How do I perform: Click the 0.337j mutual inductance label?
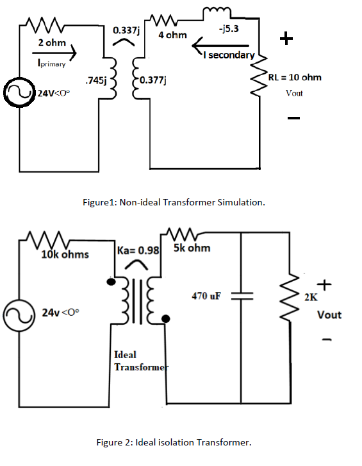pyautogui.click(x=127, y=30)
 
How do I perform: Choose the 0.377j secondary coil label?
pyautogui.click(x=152, y=80)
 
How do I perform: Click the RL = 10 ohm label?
pyautogui.click(x=295, y=77)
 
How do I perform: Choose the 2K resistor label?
pyautogui.click(x=310, y=297)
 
